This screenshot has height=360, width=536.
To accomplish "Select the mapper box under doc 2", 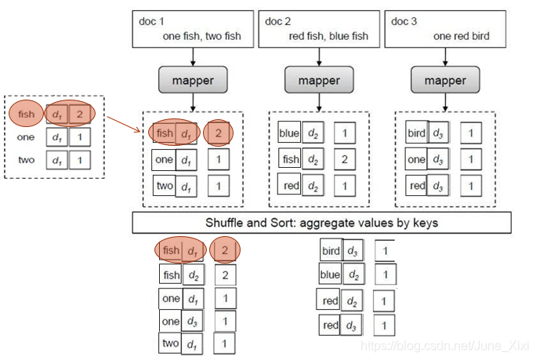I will (317, 80).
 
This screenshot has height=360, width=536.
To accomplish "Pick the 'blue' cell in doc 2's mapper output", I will (289, 133).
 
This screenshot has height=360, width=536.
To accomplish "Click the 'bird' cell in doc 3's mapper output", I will (416, 133).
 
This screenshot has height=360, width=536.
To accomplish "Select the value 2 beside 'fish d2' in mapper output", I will (345, 159).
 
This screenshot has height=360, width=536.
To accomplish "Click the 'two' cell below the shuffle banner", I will (170, 343).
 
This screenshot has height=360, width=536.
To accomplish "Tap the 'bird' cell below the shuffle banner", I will (331, 251).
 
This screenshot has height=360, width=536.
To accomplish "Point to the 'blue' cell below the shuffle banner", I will (330, 275).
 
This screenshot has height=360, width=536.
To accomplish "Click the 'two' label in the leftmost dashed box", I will (26, 160).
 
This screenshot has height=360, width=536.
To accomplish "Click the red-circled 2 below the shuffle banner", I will (225, 251).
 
